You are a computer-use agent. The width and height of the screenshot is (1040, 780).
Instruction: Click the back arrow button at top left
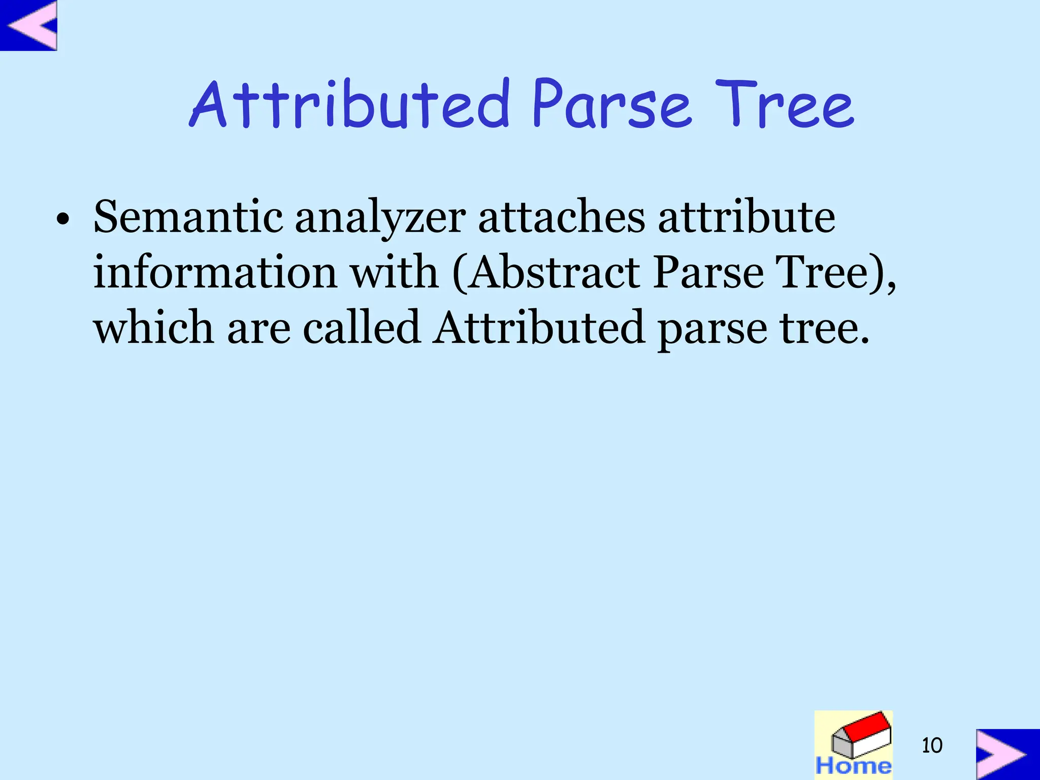point(29,25)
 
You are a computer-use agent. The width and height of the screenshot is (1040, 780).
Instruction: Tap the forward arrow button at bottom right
point(1007,754)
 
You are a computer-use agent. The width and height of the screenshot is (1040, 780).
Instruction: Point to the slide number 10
point(932,745)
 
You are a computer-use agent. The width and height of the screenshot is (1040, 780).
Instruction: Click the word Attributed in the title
point(349,105)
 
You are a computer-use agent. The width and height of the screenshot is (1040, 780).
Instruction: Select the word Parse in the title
point(611,105)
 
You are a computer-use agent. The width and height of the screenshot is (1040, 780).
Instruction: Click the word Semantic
point(188,217)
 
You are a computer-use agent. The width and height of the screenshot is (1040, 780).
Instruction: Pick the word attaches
point(562,217)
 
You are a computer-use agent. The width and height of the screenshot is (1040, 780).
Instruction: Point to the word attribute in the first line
point(746,217)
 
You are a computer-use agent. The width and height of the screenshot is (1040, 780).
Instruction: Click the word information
point(215,273)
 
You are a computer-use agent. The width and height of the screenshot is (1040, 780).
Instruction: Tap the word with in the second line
point(395,273)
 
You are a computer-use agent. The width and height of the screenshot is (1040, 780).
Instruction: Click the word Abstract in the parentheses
point(554,273)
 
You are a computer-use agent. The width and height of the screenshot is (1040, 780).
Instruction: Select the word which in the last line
point(153,328)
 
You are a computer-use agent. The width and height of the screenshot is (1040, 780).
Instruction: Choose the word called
point(362,328)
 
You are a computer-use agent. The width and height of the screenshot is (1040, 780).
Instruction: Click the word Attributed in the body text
point(539,328)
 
